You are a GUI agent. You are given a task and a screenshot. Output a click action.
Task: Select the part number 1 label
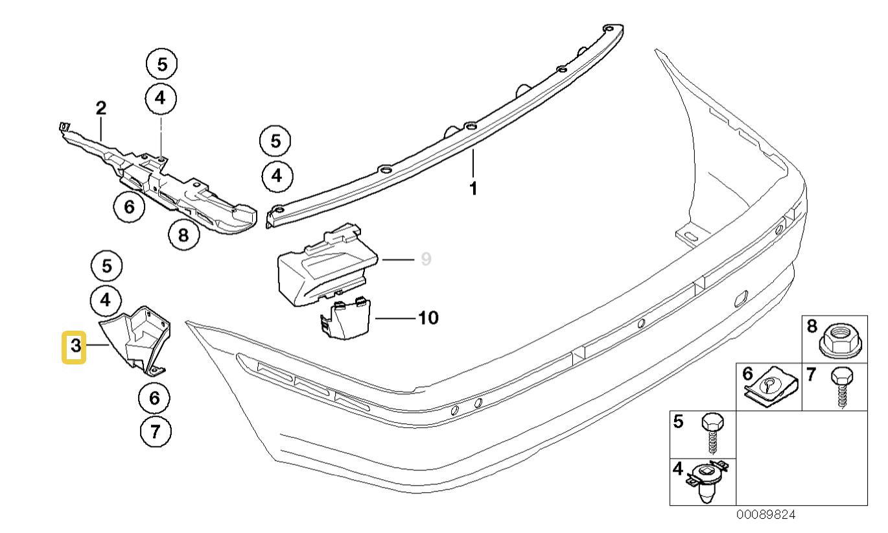pyautogui.click(x=473, y=189)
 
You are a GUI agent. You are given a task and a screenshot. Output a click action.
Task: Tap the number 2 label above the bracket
pyautogui.click(x=100, y=108)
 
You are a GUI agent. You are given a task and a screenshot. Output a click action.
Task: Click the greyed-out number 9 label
pyautogui.click(x=425, y=259)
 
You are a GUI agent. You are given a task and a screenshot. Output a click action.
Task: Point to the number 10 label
pyautogui.click(x=428, y=318)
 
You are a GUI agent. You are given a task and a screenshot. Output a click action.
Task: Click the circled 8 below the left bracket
pyautogui.click(x=183, y=235)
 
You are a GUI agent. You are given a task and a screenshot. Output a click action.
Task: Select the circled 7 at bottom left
pyautogui.click(x=156, y=432)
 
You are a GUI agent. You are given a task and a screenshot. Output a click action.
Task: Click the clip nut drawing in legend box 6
pyautogui.click(x=769, y=389)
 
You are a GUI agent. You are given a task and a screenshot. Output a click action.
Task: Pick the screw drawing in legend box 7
pyautogui.click(x=841, y=386)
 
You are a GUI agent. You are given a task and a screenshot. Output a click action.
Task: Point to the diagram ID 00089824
pyautogui.click(x=765, y=515)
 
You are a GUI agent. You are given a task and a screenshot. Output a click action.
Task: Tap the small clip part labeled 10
pyautogui.click(x=344, y=320)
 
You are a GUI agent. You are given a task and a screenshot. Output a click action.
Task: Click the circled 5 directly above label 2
pyautogui.click(x=161, y=64)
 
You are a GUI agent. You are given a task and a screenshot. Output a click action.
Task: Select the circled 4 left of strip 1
pyautogui.click(x=277, y=176)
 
